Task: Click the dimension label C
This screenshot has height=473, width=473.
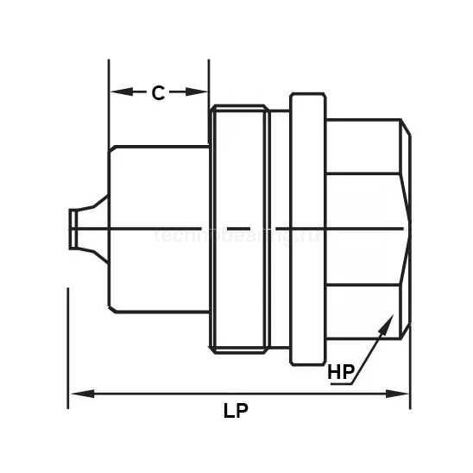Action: click(x=158, y=93)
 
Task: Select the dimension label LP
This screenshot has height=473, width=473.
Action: click(x=236, y=412)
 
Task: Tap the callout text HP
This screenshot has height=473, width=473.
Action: click(x=341, y=373)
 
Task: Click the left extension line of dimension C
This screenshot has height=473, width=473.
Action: click(x=109, y=104)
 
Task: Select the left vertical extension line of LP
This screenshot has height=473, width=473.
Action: click(x=67, y=345)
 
